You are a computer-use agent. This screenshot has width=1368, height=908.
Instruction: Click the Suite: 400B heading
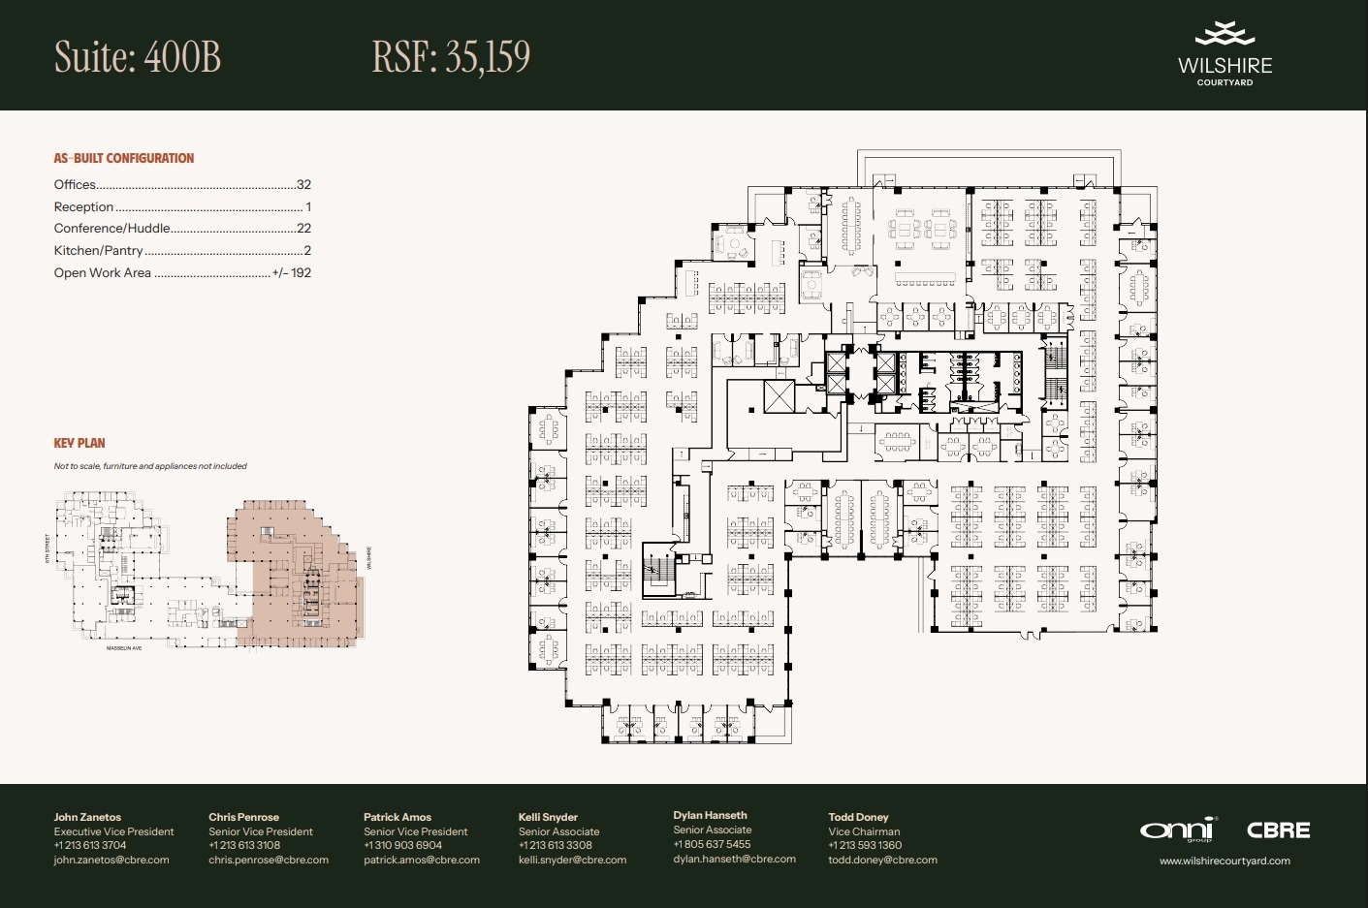pyautogui.click(x=138, y=57)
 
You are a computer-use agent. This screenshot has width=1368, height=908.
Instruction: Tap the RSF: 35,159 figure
pyautogui.click(x=451, y=57)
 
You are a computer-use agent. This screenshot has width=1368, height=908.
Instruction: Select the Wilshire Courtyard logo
pyautogui.click(x=1225, y=54)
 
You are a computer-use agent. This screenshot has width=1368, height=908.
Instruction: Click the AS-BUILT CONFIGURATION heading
pyautogui.click(x=124, y=158)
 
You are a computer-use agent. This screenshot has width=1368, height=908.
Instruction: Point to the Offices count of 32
pyautogui.click(x=303, y=184)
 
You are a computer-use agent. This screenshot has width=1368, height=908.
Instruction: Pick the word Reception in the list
pyautogui.click(x=83, y=206)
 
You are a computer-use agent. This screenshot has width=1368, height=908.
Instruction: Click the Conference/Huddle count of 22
pyautogui.click(x=303, y=229)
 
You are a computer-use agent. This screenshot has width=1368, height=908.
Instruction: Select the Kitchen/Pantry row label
pyautogui.click(x=98, y=250)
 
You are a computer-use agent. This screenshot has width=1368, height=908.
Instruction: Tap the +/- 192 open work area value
pyautogui.click(x=292, y=273)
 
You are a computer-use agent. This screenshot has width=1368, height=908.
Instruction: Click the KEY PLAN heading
pyautogui.click(x=80, y=443)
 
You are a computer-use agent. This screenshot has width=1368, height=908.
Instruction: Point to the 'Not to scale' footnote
pyautogui.click(x=150, y=466)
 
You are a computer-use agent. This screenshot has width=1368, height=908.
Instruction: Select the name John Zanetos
pyautogui.click(x=87, y=817)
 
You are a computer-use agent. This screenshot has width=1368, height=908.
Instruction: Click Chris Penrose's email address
pyautogui.click(x=269, y=860)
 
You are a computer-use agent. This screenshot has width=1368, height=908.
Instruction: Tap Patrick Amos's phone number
pyautogui.click(x=402, y=845)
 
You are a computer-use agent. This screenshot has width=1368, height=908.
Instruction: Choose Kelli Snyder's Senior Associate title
pyautogui.click(x=558, y=831)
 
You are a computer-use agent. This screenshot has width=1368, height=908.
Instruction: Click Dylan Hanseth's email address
pyautogui.click(x=734, y=859)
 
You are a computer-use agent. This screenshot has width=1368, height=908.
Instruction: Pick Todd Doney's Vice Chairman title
pyautogui.click(x=864, y=831)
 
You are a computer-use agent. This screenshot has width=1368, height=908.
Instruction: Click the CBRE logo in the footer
pyautogui.click(x=1278, y=830)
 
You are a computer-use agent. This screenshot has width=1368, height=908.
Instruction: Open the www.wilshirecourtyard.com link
pyautogui.click(x=1225, y=861)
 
